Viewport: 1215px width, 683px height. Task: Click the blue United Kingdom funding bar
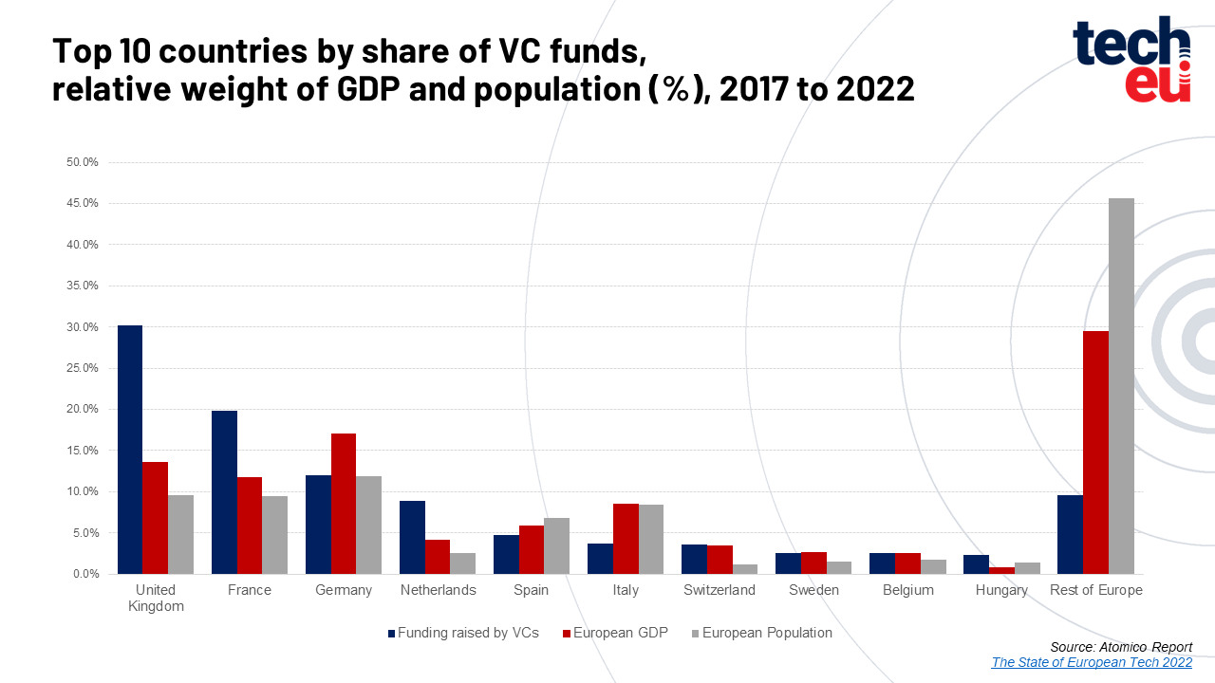point(130,450)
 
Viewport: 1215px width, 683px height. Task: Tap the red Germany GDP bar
point(344,504)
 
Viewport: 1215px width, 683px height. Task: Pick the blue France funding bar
point(224,492)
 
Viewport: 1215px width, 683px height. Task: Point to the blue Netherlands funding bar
point(412,537)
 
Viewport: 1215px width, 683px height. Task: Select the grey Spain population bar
point(556,545)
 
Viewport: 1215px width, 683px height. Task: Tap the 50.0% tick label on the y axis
point(83,162)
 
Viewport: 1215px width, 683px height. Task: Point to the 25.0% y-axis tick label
point(83,368)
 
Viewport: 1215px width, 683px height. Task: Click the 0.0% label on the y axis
point(85,574)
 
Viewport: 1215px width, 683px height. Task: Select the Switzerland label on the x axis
point(719,590)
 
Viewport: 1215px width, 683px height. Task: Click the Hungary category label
point(1001,590)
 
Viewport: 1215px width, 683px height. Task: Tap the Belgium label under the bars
point(907,590)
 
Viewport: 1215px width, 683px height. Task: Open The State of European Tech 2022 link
point(1092,662)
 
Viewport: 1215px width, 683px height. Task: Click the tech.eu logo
point(1131,60)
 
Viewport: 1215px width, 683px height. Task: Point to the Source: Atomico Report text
point(1121,647)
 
